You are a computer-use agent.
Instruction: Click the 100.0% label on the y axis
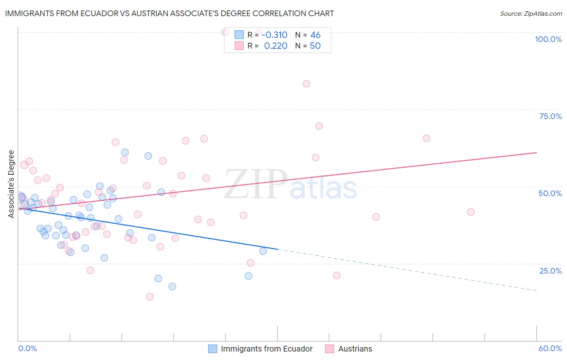point(548,39)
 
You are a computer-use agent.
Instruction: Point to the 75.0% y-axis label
point(550,116)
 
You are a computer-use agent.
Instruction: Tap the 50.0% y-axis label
point(550,193)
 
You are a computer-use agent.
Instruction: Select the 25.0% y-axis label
point(550,270)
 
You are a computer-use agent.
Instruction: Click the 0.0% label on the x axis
point(27,348)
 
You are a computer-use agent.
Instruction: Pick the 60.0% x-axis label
point(550,348)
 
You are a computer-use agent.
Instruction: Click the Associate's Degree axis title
point(11,184)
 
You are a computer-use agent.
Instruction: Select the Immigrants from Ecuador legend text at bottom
point(267,349)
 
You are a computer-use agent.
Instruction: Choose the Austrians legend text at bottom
point(355,349)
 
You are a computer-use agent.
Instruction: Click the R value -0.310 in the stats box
point(274,35)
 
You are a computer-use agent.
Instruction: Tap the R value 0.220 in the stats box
point(275,46)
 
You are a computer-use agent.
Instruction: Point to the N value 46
point(315,35)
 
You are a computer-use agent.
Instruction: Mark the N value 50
point(315,46)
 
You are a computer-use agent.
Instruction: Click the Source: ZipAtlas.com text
point(531,14)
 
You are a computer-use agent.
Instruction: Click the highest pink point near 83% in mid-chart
point(306,84)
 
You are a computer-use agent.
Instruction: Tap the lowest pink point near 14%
point(150,297)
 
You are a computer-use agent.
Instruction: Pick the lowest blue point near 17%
point(172,287)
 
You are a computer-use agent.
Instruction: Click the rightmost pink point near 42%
point(471,212)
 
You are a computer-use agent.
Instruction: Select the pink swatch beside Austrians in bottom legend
point(329,349)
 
